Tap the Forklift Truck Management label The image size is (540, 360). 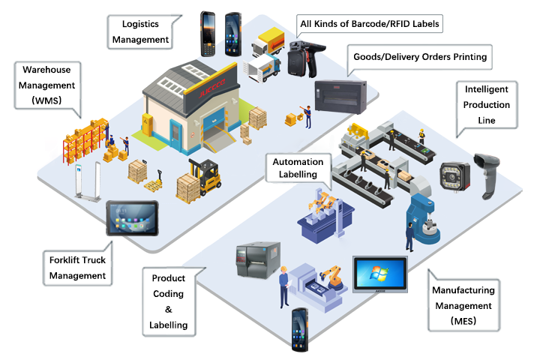[77, 268]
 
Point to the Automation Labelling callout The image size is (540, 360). [298, 168]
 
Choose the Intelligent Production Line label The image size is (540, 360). [486, 105]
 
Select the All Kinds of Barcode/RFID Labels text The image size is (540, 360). [369, 24]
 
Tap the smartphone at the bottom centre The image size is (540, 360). [299, 329]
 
